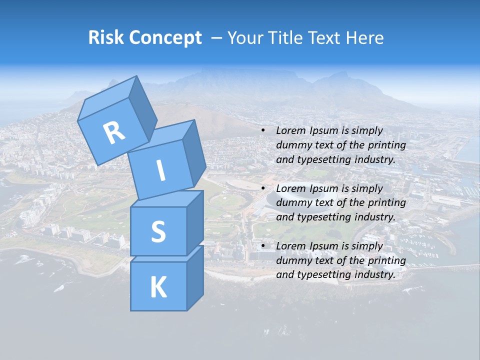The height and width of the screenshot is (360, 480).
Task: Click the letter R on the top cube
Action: click(x=114, y=132)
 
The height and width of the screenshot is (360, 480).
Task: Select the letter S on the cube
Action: click(x=158, y=232)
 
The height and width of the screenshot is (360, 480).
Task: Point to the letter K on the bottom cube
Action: click(x=158, y=287)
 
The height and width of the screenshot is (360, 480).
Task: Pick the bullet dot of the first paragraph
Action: click(x=263, y=130)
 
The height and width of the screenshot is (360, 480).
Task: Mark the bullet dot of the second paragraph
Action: click(x=263, y=188)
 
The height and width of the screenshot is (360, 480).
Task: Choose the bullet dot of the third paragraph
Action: click(x=263, y=246)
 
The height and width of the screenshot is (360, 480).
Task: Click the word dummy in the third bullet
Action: click(x=290, y=260)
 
